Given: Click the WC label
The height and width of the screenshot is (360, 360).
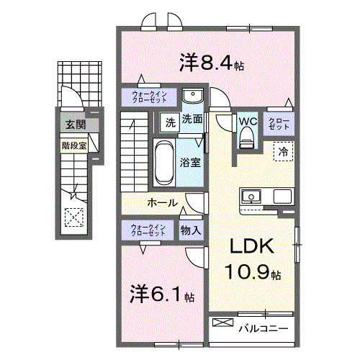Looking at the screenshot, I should click(247, 122).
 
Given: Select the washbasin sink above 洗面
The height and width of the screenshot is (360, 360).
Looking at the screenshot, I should click(192, 97).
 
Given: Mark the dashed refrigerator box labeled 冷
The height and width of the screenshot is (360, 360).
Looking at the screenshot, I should click(284, 152).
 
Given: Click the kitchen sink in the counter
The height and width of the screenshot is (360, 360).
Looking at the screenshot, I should click(253, 196).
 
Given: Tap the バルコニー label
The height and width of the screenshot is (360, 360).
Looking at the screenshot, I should click(263, 328).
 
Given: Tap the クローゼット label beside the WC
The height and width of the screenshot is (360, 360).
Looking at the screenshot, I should click(279, 122).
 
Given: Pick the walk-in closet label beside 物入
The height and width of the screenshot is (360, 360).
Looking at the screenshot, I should click(148, 230).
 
